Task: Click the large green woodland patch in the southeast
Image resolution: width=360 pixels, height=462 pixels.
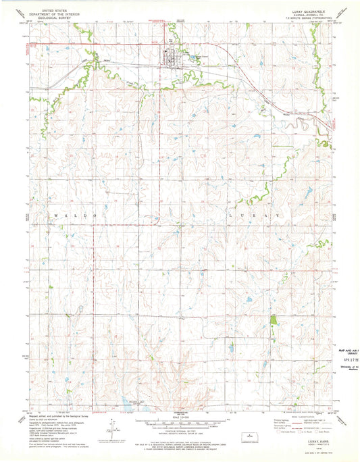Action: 273,323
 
